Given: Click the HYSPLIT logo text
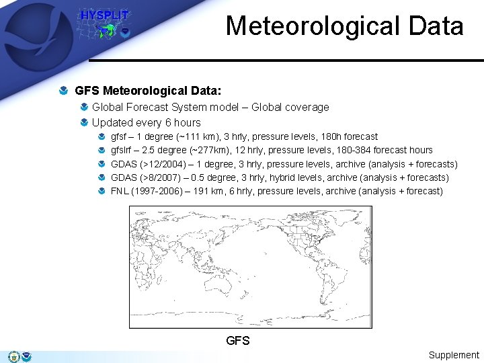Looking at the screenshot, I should coord(104,15).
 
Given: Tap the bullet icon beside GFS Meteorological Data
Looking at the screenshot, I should coord(63,89).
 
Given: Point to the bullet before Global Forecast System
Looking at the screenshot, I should coord(83,108).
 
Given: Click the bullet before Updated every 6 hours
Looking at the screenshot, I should coord(83,123).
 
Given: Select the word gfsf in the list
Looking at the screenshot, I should coord(119,136).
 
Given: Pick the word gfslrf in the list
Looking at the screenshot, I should coord(122,150).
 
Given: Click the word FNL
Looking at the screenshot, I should coord(120,191).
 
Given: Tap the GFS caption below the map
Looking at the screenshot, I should coord(238,341).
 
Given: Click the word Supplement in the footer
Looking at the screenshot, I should coord(454,355).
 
